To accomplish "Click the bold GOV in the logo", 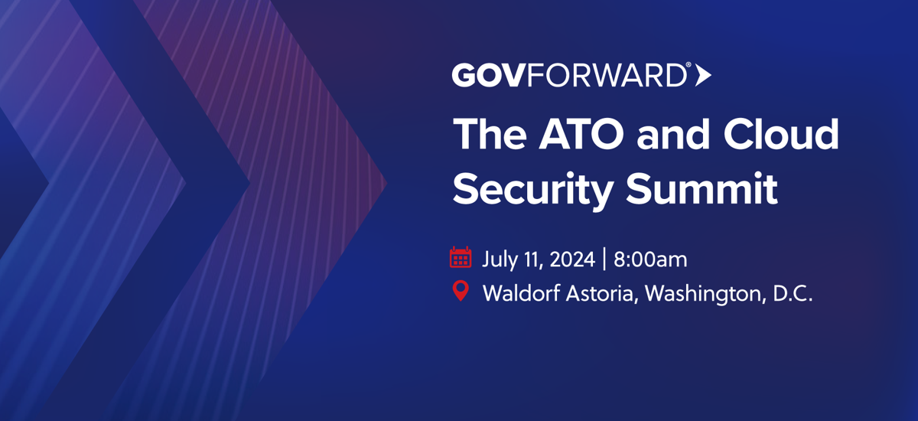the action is click(x=489, y=75).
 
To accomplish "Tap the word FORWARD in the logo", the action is click(x=607, y=75).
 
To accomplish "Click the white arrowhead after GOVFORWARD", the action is click(x=703, y=76).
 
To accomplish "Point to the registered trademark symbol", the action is click(x=688, y=65).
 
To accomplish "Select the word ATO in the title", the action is click(x=581, y=135).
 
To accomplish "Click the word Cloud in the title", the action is click(x=781, y=134).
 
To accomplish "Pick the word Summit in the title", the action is click(x=702, y=188).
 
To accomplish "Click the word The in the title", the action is click(x=490, y=134).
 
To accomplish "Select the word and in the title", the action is click(x=673, y=134).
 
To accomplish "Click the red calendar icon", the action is click(x=461, y=257).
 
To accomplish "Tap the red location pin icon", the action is click(x=461, y=291).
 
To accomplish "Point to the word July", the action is click(x=498, y=260).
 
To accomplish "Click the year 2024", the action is click(x=572, y=259).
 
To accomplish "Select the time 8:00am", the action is click(x=650, y=259).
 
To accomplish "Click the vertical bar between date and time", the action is click(x=604, y=259).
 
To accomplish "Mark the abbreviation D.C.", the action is click(x=793, y=293).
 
